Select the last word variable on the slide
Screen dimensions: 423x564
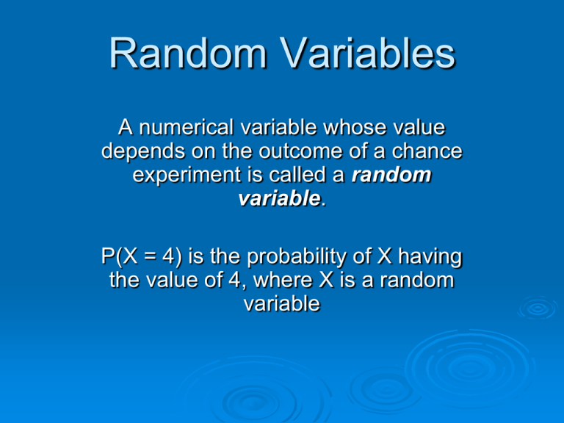(282, 303)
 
